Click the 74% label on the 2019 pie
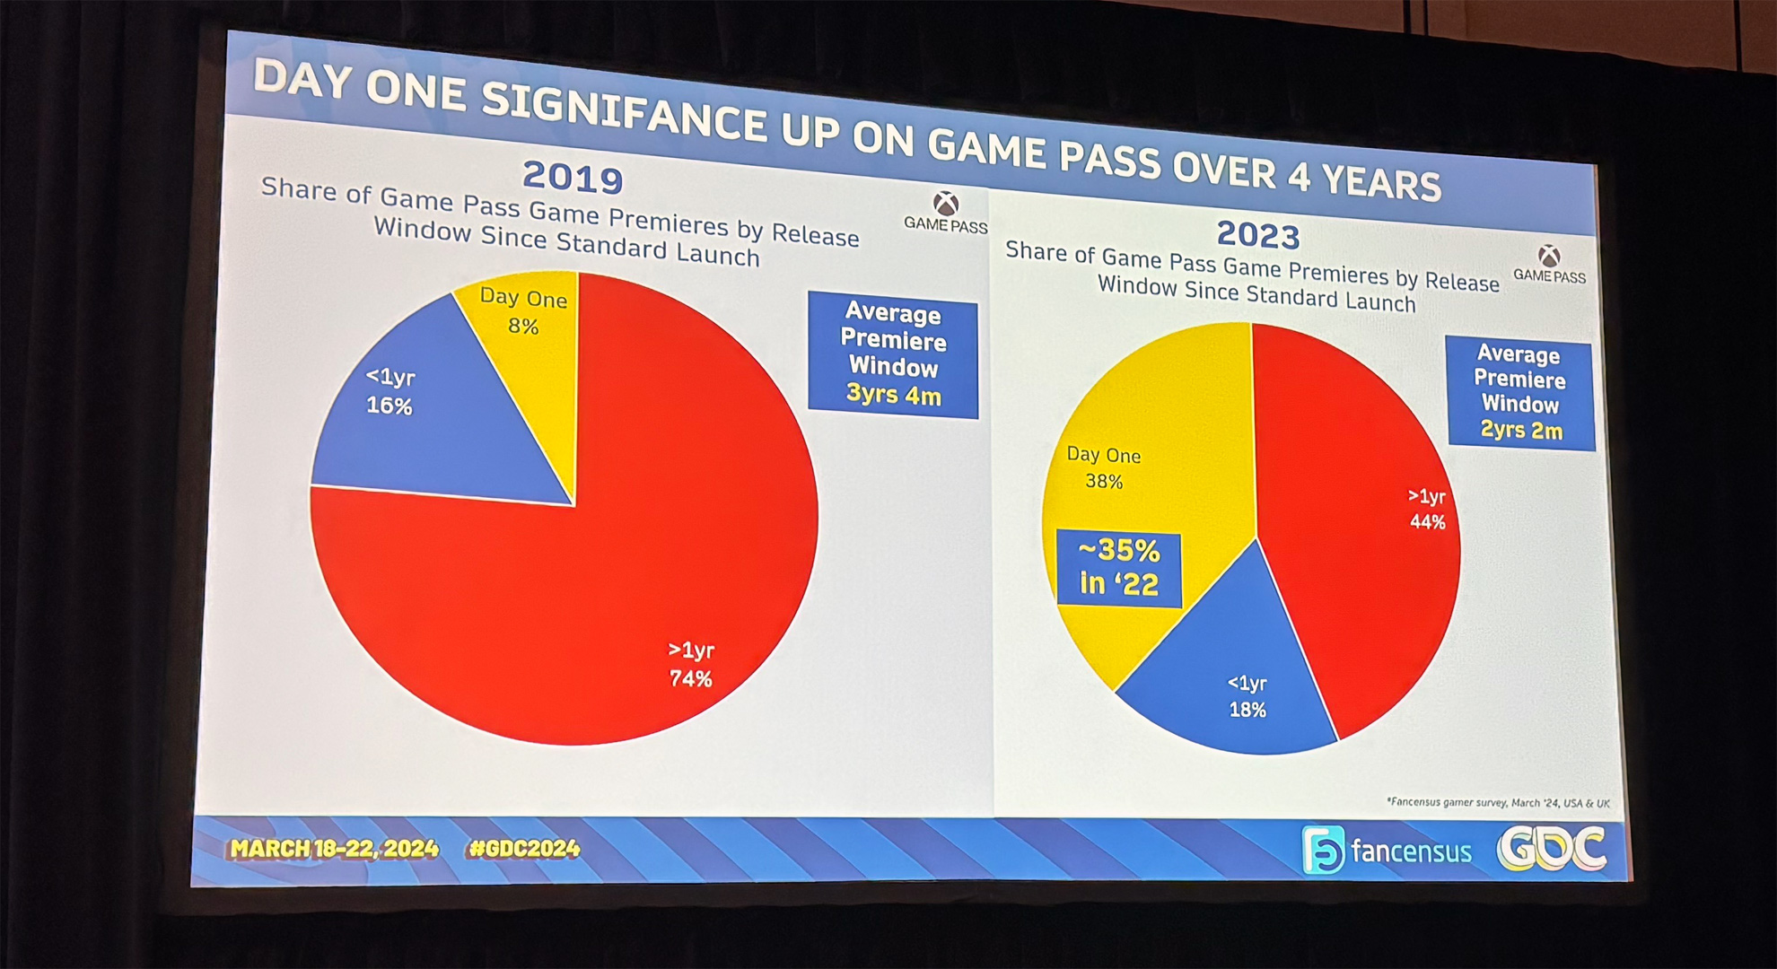(690, 679)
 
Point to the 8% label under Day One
(523, 327)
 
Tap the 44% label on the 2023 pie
(1427, 522)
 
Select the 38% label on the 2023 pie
(1103, 482)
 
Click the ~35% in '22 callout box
(1118, 568)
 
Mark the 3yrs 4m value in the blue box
(894, 395)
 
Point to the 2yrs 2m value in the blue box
(1521, 430)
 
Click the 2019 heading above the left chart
(573, 177)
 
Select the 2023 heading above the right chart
(1257, 235)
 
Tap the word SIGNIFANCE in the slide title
(623, 113)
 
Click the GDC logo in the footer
(1552, 848)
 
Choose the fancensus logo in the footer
(1387, 850)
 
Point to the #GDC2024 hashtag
(523, 849)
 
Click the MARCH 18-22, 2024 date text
(334, 849)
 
